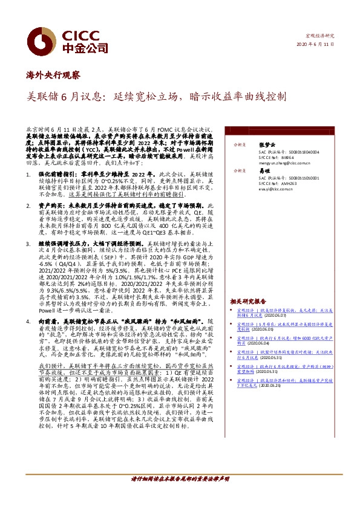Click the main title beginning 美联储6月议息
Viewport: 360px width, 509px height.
[x=157, y=97]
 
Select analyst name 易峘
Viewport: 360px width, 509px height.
[x=263, y=171]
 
